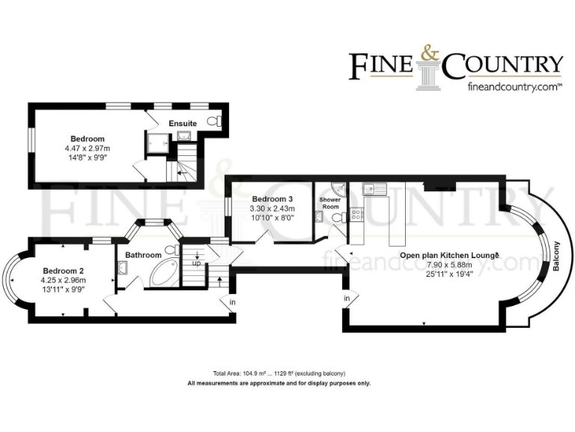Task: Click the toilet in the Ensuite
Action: pos(216,121)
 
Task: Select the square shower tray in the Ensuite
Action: pos(158,142)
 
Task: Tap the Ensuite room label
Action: pos(183,123)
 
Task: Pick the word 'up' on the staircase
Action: pos(197,264)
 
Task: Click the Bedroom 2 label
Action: pos(63,271)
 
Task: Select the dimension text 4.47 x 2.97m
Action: pos(88,148)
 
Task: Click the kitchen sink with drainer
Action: pos(373,188)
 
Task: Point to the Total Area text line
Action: pos(279,373)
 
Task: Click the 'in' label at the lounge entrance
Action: pos(347,298)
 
